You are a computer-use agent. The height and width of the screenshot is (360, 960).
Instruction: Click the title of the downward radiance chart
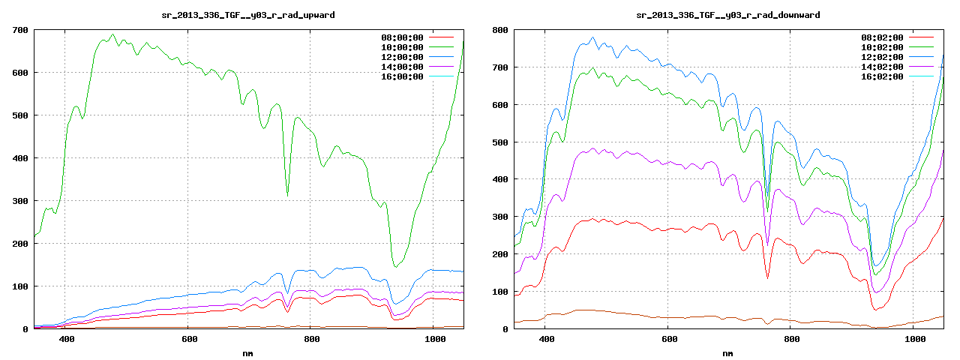pos(728,15)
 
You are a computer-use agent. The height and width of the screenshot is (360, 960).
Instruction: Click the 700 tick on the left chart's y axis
pos(19,30)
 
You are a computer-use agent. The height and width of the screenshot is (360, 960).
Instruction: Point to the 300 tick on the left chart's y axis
pos(19,201)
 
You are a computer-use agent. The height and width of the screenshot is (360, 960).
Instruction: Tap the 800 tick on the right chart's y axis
pos(499,30)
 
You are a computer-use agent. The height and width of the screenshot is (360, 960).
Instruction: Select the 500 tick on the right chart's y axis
pos(499,142)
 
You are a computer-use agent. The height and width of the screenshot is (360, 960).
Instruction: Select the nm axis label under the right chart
pos(728,352)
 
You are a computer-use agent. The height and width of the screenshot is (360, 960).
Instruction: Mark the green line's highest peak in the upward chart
pos(112,34)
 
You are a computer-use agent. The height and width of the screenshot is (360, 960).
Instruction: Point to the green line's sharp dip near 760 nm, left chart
pos(287,195)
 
